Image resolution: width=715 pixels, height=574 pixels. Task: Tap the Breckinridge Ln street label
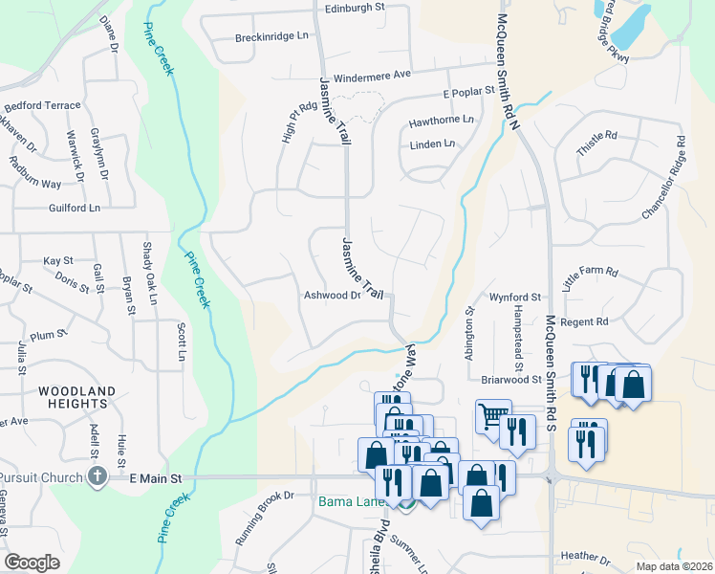pos(272,37)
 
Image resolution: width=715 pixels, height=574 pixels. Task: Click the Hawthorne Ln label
pos(441,121)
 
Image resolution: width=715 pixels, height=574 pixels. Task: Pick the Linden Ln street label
pos(432,144)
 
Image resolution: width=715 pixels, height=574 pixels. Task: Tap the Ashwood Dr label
pos(331,296)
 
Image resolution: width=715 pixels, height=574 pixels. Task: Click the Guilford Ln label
pos(75,208)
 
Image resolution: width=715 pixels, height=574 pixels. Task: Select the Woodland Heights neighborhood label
pos(76,397)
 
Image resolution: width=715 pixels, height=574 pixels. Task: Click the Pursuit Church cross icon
pos(96,476)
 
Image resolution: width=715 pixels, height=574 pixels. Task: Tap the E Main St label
pos(155,476)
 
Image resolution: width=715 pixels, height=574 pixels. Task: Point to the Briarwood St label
pos(511,380)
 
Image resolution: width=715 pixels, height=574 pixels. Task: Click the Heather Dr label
pos(585,556)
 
